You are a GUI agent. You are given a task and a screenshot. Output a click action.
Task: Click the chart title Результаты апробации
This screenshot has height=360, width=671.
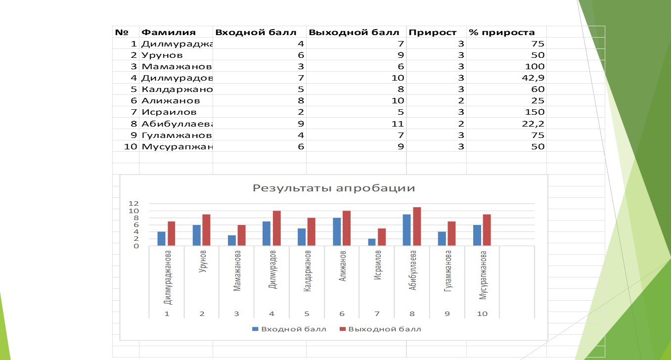(x=334, y=188)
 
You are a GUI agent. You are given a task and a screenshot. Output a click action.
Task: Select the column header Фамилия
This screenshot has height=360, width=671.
(x=169, y=33)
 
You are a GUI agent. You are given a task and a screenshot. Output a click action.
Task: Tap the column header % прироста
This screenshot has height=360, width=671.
(x=501, y=33)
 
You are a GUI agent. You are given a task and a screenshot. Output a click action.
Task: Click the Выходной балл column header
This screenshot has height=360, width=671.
(x=354, y=33)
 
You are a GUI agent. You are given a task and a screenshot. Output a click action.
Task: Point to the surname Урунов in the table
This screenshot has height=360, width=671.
(x=162, y=55)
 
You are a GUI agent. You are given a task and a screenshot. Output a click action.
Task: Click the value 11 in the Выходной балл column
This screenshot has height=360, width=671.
(x=399, y=124)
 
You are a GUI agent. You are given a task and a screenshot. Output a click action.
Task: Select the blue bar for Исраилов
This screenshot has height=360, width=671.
(x=371, y=242)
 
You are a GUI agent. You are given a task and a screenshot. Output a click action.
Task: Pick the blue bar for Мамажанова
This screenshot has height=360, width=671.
(x=231, y=240)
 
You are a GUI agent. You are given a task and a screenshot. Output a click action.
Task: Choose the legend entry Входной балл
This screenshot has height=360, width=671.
(x=289, y=329)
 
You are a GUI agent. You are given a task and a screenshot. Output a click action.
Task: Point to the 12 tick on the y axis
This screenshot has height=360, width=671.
(x=132, y=204)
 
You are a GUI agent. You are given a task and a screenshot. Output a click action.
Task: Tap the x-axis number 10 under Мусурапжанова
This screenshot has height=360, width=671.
(x=482, y=314)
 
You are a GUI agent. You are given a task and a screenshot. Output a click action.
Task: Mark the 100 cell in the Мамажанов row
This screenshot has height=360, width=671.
(x=536, y=67)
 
